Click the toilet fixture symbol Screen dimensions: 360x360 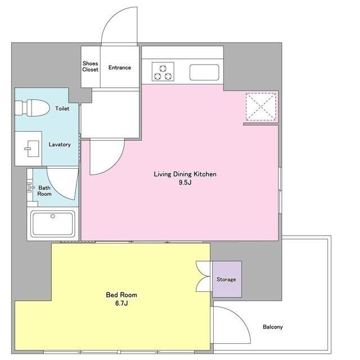click(x=33, y=107)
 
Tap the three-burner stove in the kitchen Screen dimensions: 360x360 click(x=163, y=71)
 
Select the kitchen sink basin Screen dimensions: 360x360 click(x=204, y=73)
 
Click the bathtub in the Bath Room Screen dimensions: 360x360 click(x=53, y=224)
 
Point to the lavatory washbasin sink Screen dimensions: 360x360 click(x=31, y=148)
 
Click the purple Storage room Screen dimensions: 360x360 click(x=227, y=279)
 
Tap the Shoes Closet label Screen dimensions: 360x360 click(x=90, y=66)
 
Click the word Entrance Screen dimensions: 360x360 click(x=120, y=67)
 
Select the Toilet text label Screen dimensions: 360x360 click(x=62, y=109)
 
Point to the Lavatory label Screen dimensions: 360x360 click(x=60, y=145)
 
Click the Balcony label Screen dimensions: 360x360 click(x=273, y=327)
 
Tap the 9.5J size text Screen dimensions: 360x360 click(x=185, y=182)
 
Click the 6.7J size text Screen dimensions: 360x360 click(x=121, y=303)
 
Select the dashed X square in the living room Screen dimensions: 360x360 click(x=261, y=106)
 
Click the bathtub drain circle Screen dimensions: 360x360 click(x=53, y=216)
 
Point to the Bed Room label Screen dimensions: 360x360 click(x=121, y=295)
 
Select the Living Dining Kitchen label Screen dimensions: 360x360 click(x=185, y=174)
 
